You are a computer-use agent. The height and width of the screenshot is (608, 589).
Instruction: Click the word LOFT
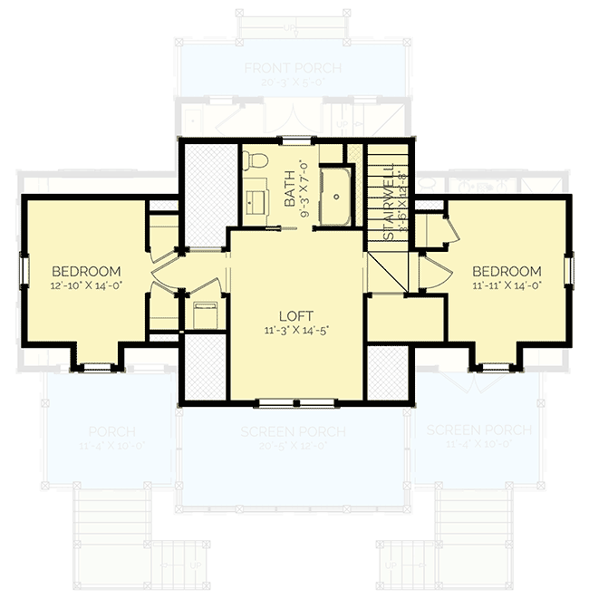pyautogui.click(x=294, y=315)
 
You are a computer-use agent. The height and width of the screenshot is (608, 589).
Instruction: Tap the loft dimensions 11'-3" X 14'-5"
pyautogui.click(x=294, y=331)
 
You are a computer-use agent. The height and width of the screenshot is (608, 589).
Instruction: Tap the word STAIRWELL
pyautogui.click(x=387, y=201)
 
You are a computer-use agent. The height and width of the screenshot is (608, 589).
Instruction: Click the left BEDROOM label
pyautogui.click(x=86, y=271)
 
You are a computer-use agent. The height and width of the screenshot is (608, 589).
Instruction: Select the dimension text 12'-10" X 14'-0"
pyautogui.click(x=86, y=285)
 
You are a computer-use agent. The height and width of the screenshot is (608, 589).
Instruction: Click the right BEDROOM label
pyautogui.click(x=507, y=271)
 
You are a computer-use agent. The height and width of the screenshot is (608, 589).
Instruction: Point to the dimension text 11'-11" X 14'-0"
pyautogui.click(x=507, y=285)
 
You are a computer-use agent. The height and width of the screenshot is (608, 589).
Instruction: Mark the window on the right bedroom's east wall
pyautogui.click(x=568, y=269)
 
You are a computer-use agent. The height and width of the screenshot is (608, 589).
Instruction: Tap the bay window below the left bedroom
pyautogui.click(x=93, y=367)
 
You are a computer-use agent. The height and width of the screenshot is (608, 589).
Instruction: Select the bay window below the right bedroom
pyautogui.click(x=494, y=367)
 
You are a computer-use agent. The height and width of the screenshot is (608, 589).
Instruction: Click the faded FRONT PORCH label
pyautogui.click(x=292, y=69)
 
